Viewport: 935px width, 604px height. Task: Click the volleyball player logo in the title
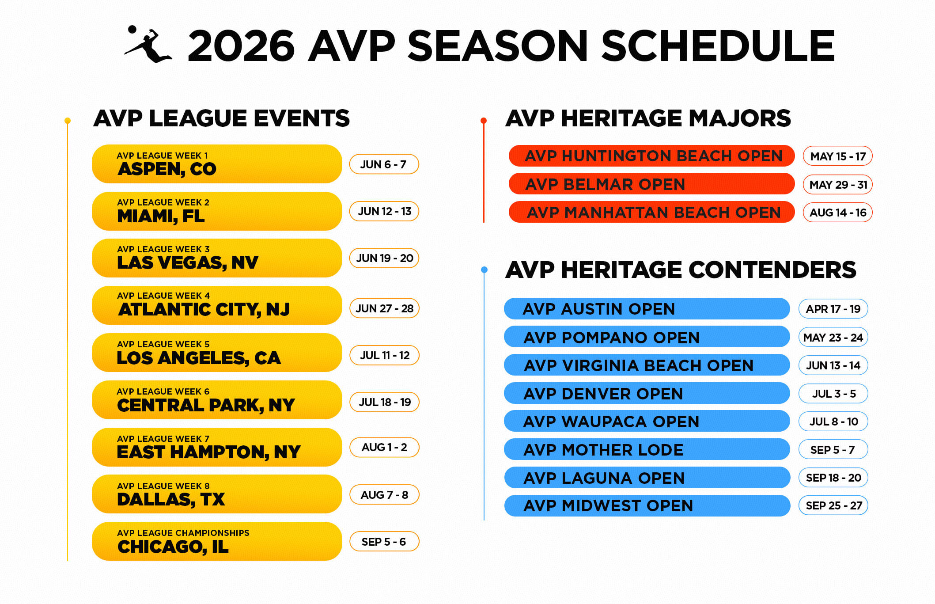point(148,45)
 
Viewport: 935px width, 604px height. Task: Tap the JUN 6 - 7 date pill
point(383,164)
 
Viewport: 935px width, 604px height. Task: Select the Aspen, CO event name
point(167,169)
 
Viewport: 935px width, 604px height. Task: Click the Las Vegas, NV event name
point(188,262)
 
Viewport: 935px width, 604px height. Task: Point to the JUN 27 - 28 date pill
point(384,308)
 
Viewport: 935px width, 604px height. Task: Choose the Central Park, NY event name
point(206,405)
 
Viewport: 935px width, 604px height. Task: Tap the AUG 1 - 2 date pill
point(384,447)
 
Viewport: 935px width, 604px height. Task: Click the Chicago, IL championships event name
point(173,547)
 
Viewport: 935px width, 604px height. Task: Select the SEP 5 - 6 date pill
point(383,542)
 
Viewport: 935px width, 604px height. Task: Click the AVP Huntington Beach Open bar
point(651,156)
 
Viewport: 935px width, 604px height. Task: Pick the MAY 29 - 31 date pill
point(837,185)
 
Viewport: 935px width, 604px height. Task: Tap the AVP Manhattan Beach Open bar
point(651,213)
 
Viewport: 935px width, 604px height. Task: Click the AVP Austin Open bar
point(647,309)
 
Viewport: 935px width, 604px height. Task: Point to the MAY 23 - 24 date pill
point(833,338)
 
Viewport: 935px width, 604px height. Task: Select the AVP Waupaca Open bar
point(647,422)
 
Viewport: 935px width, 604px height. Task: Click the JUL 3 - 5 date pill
point(833,394)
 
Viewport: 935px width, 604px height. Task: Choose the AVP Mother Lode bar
point(647,450)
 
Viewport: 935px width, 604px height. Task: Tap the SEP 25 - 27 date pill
point(833,505)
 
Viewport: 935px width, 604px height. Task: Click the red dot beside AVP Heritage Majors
point(484,121)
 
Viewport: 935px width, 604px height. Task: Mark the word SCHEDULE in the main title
point(718,46)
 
